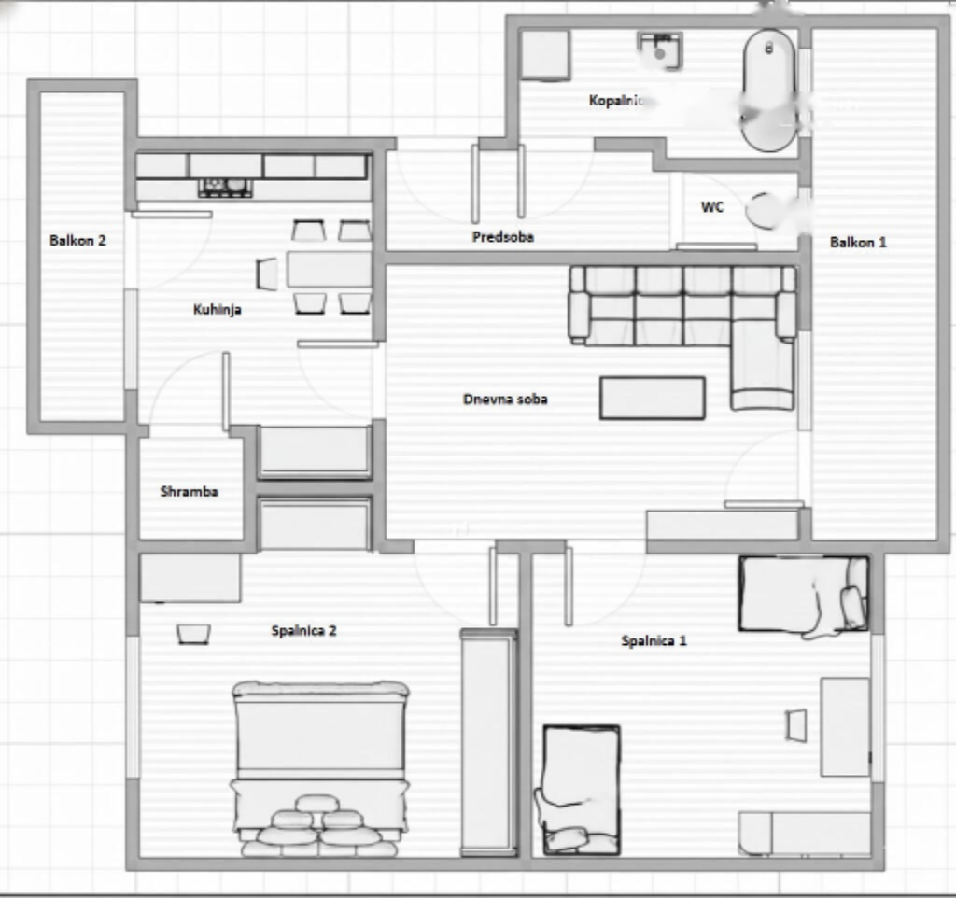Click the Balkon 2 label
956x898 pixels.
click(77, 240)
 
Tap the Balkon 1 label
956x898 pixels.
click(858, 242)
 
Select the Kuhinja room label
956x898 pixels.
click(217, 309)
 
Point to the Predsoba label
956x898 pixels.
click(503, 237)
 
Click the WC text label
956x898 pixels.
click(712, 207)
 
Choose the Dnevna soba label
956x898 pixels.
click(505, 399)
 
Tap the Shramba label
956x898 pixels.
click(189, 491)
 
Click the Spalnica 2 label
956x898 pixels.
click(303, 631)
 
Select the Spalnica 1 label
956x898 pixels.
click(654, 641)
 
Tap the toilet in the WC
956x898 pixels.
click(770, 211)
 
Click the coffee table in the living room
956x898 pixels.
click(652, 398)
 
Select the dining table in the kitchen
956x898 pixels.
click(328, 269)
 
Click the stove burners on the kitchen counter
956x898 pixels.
click(226, 189)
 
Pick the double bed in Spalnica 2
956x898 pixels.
click(320, 765)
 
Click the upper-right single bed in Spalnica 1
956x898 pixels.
click(803, 595)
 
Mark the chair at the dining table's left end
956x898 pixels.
click(267, 274)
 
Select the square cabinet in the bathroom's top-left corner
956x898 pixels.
click(544, 55)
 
